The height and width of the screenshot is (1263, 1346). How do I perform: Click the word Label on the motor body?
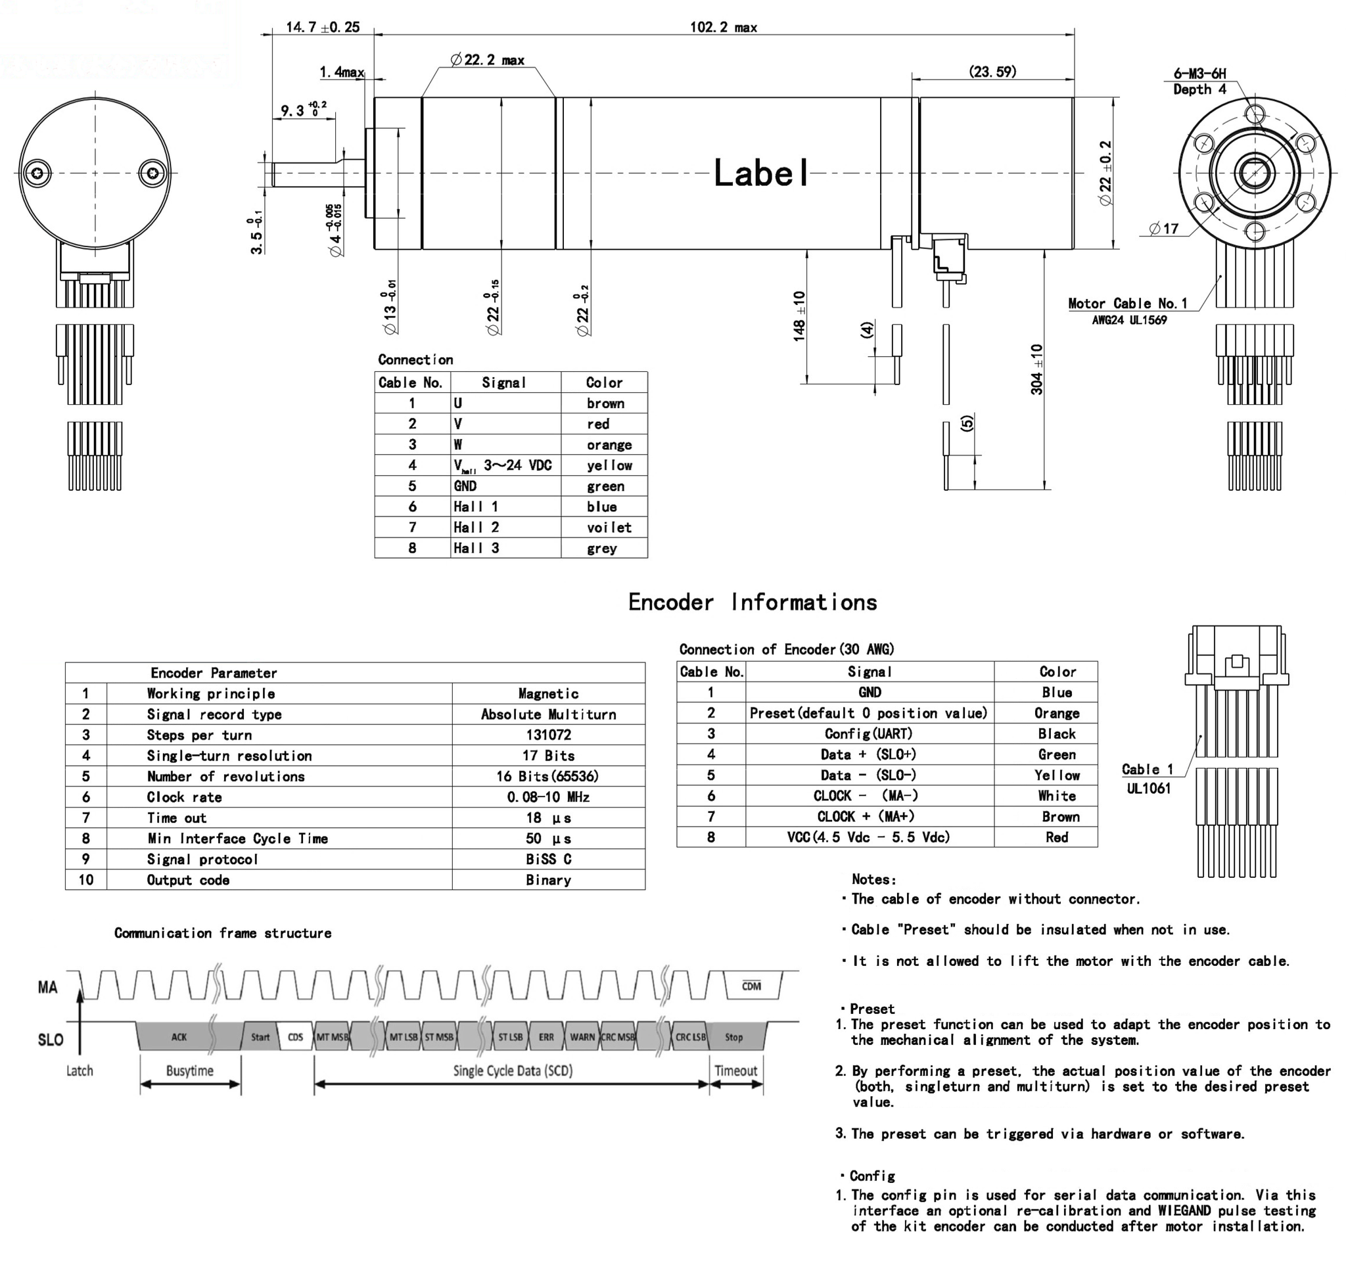coord(762,173)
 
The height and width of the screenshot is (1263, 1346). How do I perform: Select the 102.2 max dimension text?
coord(723,28)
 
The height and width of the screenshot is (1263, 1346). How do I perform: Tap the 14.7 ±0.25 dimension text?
coord(322,28)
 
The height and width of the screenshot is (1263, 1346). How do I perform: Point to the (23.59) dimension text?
coord(992,72)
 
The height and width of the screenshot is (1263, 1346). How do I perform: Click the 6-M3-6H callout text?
coord(1199,74)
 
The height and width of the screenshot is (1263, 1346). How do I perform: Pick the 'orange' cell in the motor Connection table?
coord(609,445)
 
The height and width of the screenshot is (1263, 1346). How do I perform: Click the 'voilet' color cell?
coord(609,527)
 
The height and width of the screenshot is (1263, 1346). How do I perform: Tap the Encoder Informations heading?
coord(753,602)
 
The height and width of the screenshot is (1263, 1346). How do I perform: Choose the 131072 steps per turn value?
coord(548,735)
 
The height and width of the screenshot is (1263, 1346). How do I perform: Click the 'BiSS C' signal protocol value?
coord(548,859)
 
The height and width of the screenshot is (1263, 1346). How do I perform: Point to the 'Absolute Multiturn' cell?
coord(548,714)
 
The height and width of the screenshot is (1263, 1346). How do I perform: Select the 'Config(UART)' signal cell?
coord(870,734)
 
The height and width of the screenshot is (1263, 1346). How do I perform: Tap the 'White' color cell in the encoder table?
coord(1056,796)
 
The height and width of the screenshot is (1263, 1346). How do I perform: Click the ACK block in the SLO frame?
coord(179,1037)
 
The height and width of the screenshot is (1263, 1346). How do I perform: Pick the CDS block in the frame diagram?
coord(296,1037)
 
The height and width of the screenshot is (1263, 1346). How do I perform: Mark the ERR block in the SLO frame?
coord(546,1037)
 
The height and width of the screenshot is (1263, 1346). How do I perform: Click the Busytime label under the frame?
coord(189,1070)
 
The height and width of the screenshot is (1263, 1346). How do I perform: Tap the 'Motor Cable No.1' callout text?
coord(1127,303)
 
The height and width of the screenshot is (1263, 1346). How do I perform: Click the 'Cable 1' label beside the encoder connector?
coord(1148,769)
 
